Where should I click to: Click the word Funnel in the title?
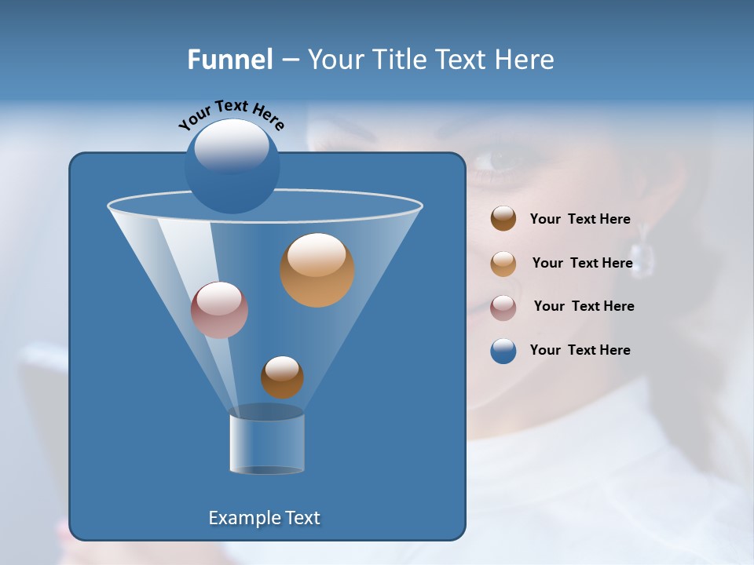[x=230, y=60]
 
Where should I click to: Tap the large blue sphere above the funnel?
[x=232, y=166]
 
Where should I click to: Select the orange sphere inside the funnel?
[x=317, y=270]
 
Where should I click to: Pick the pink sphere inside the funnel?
[x=219, y=310]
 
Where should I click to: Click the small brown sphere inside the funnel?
[x=282, y=377]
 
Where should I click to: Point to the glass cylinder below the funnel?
[x=266, y=441]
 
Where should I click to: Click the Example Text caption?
[x=265, y=518]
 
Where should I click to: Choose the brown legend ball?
[x=503, y=219]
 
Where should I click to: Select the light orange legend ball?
[x=503, y=264]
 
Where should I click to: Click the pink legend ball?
[x=503, y=307]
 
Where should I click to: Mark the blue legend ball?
[x=503, y=351]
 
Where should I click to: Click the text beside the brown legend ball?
[x=580, y=220]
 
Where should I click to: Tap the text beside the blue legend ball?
[x=580, y=350]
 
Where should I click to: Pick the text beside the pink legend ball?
[x=584, y=306]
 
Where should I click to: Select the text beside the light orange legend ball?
[x=582, y=263]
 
